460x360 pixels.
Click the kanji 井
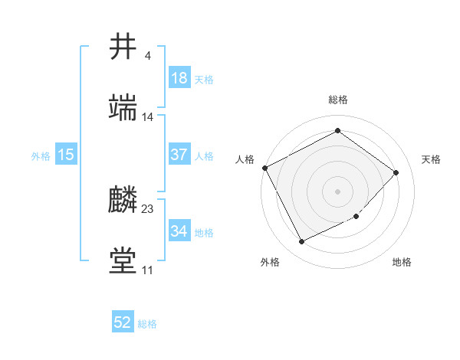(x=123, y=47)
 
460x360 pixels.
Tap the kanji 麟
(x=123, y=201)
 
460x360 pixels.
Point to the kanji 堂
(x=123, y=260)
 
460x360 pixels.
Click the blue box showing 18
(x=179, y=78)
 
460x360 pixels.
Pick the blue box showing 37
(x=179, y=155)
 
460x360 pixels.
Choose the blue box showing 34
(x=179, y=231)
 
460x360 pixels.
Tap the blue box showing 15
(x=66, y=155)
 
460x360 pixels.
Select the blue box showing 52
(x=123, y=323)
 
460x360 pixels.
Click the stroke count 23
(x=148, y=208)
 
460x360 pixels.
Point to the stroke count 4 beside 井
(x=147, y=55)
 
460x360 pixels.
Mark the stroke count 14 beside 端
(x=148, y=116)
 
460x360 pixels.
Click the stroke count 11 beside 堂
(x=147, y=270)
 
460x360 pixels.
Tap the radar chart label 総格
(x=338, y=100)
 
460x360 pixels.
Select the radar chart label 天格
(x=431, y=159)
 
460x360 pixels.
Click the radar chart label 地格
(x=402, y=263)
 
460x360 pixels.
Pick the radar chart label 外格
(x=270, y=263)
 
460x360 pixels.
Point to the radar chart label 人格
(x=245, y=159)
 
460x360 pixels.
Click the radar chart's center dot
(x=338, y=191)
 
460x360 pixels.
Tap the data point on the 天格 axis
(x=396, y=172)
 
